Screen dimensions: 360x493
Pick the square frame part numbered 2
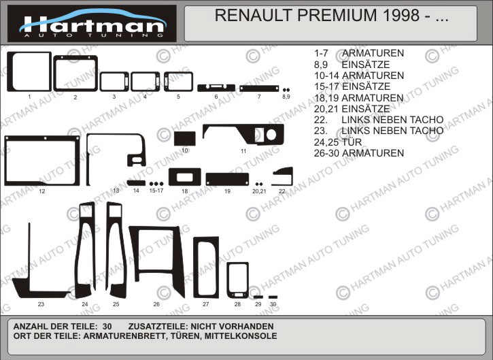[75, 72]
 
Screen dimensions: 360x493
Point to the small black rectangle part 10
[185, 137]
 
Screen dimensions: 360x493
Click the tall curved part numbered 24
[86, 252]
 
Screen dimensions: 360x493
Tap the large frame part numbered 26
[157, 263]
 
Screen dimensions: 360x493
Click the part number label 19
[228, 192]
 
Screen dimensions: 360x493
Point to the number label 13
[116, 191]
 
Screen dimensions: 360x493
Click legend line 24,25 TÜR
[338, 142]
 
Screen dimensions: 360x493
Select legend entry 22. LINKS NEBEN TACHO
[379, 120]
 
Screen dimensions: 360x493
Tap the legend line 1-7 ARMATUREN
[359, 53]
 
